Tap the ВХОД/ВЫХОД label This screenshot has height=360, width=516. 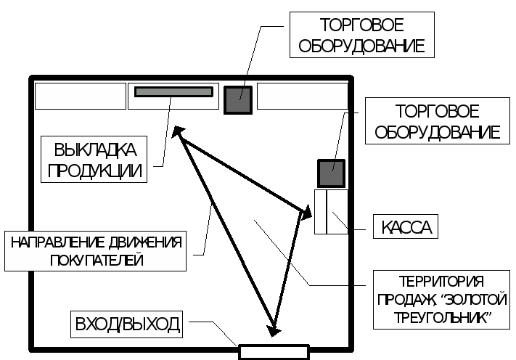[126, 324]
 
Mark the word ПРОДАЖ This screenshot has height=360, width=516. [401, 300]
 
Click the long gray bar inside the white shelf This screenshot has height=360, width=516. [173, 91]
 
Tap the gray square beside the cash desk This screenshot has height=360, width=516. [331, 173]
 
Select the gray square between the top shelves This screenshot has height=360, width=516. [237, 99]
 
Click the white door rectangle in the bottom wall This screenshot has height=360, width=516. [274, 353]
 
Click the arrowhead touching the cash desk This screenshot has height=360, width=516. [307, 213]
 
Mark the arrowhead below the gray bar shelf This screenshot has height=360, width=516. [179, 131]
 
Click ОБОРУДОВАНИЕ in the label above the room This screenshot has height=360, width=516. [362, 46]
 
